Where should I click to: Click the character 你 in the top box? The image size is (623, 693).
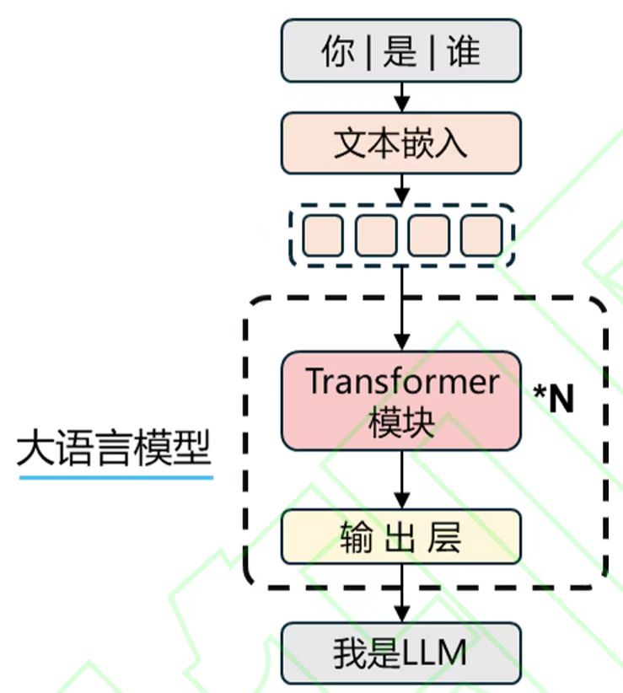338,52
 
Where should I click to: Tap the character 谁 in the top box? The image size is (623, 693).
463,52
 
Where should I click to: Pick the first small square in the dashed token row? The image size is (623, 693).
322,235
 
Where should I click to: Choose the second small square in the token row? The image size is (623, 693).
375,235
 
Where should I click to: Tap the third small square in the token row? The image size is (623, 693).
428,235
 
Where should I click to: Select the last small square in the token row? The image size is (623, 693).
481,235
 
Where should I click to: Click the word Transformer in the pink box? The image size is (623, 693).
401,383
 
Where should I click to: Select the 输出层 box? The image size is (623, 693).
401,537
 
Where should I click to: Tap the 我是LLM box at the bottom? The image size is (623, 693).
401,653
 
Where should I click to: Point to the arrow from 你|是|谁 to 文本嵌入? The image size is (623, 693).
402,97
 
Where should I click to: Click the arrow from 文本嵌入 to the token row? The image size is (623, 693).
402,187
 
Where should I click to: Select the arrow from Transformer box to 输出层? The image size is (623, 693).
402,479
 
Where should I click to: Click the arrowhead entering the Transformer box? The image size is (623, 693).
402,343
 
